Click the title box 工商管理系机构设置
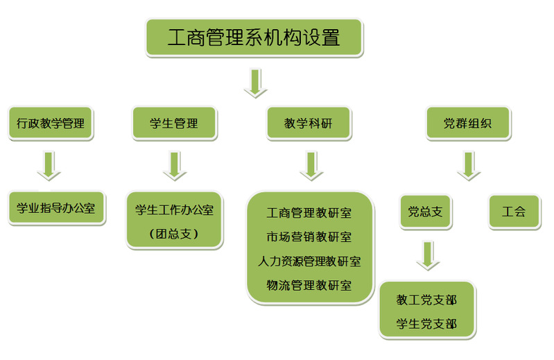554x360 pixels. click(x=254, y=37)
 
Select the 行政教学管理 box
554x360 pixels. click(x=50, y=124)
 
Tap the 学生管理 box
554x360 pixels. click(x=174, y=124)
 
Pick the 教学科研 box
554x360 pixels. click(x=309, y=124)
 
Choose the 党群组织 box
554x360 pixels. click(x=467, y=124)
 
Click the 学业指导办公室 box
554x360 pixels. click(x=57, y=208)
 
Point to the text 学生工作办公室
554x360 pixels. click(x=174, y=209)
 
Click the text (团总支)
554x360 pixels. click(x=174, y=234)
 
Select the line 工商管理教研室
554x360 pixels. click(x=309, y=212)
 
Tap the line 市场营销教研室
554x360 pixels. click(x=309, y=237)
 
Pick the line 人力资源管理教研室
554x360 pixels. click(x=309, y=261)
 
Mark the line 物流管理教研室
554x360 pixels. click(x=309, y=285)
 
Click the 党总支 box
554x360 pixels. click(x=425, y=212)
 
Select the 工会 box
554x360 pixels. click(x=514, y=212)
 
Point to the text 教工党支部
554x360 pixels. click(x=426, y=300)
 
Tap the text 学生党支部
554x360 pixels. click(x=426, y=323)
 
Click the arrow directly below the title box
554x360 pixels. click(x=255, y=82)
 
